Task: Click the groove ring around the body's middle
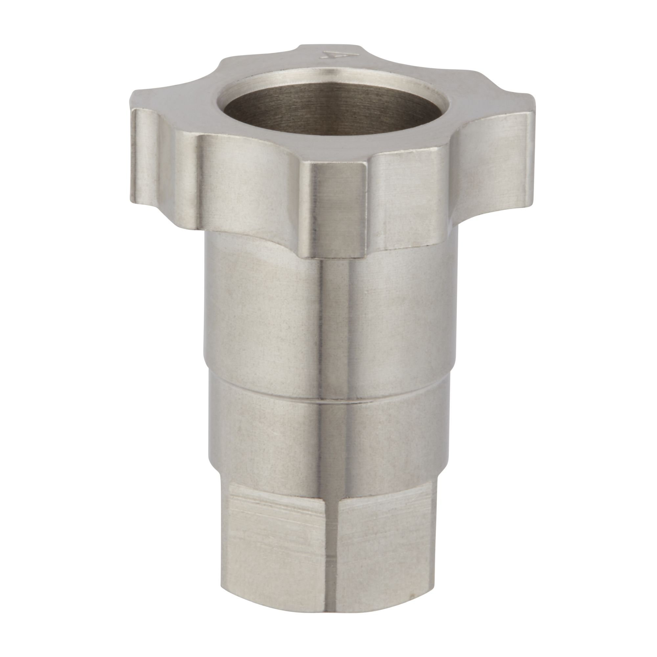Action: (327, 400)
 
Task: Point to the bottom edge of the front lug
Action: (335, 257)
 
